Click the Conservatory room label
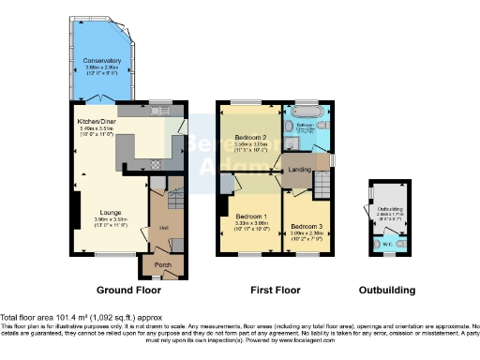coord(101,60)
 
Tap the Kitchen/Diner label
coord(97,121)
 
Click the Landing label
coord(300,169)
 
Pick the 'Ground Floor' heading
coord(126,291)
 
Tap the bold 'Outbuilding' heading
coord(388,291)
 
